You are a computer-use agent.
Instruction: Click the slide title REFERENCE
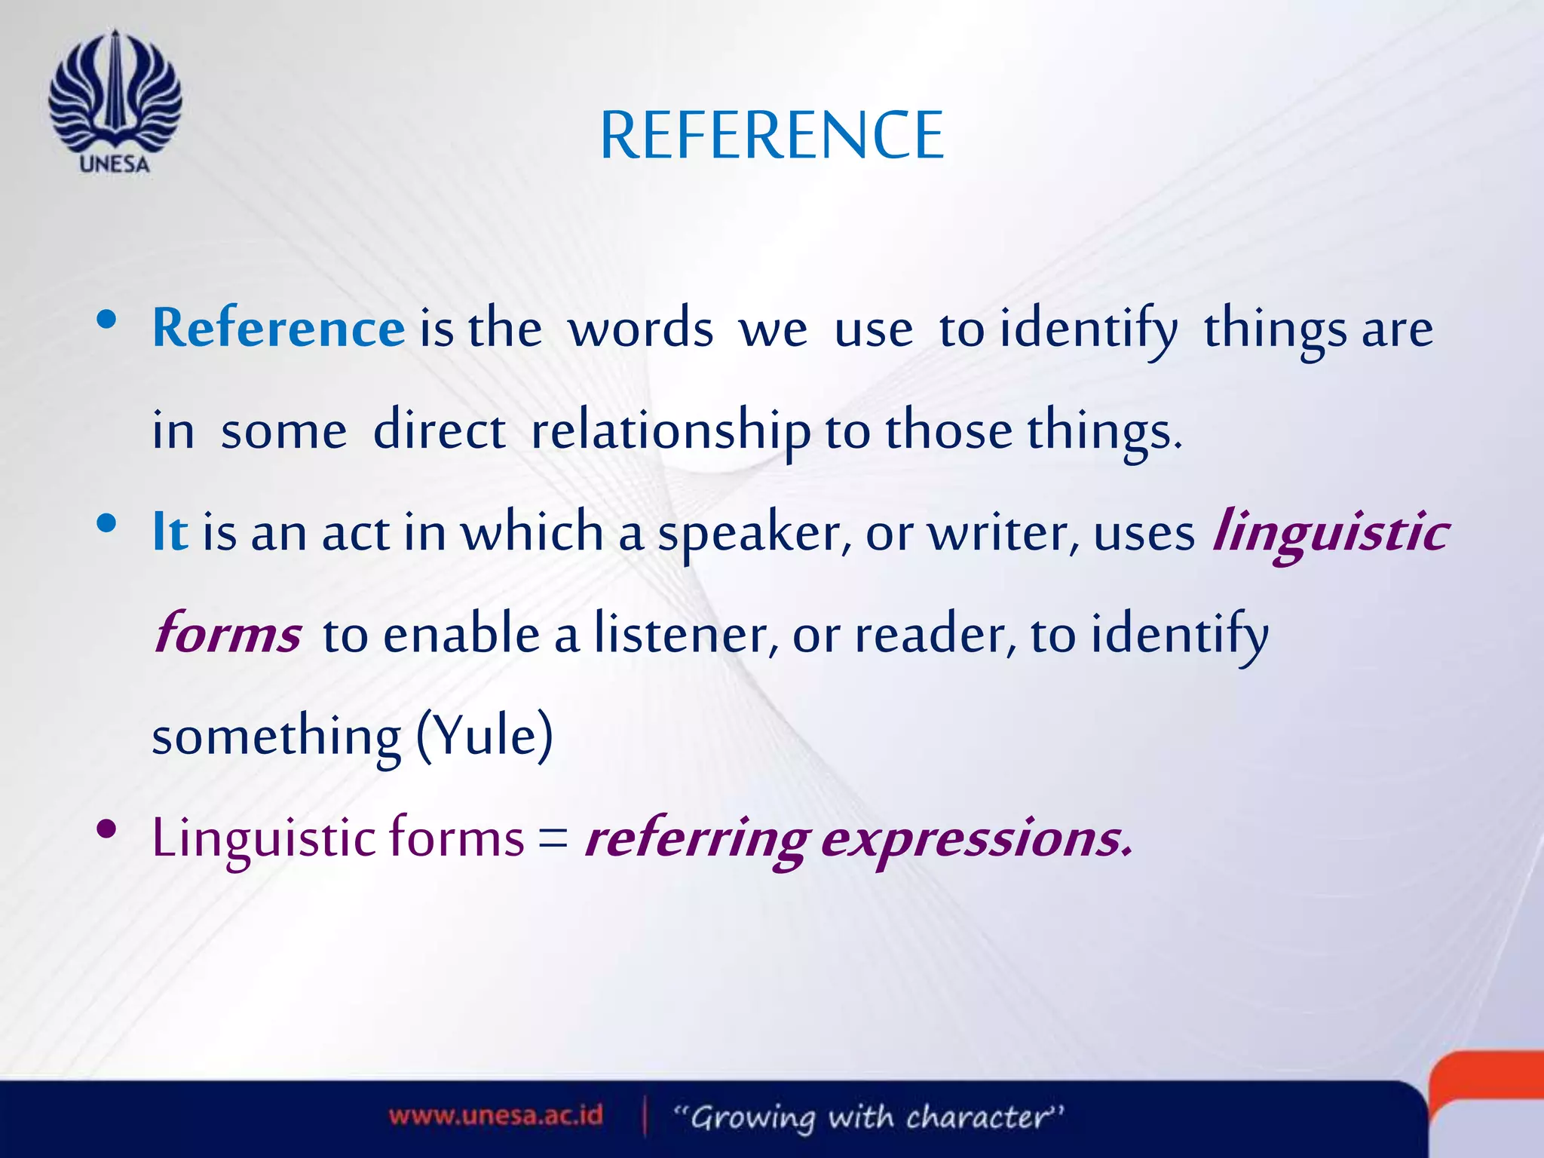[771, 136]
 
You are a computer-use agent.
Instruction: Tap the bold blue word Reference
[278, 329]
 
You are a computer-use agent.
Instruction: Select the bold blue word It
[170, 532]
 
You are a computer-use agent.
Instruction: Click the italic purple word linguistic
[1330, 532]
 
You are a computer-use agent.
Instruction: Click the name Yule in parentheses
[485, 736]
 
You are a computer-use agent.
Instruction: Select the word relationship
[670, 431]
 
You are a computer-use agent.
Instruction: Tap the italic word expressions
[976, 838]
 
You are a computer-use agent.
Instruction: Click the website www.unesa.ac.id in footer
[495, 1115]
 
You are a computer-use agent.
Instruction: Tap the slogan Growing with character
[868, 1117]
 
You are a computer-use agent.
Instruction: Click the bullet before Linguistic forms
[106, 830]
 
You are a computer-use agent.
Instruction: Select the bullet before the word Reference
[106, 320]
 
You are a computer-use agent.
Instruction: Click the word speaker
[755, 534]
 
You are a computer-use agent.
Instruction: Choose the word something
[276, 737]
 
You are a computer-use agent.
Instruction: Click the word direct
[439, 431]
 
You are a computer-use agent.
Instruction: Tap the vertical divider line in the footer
[645, 1116]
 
